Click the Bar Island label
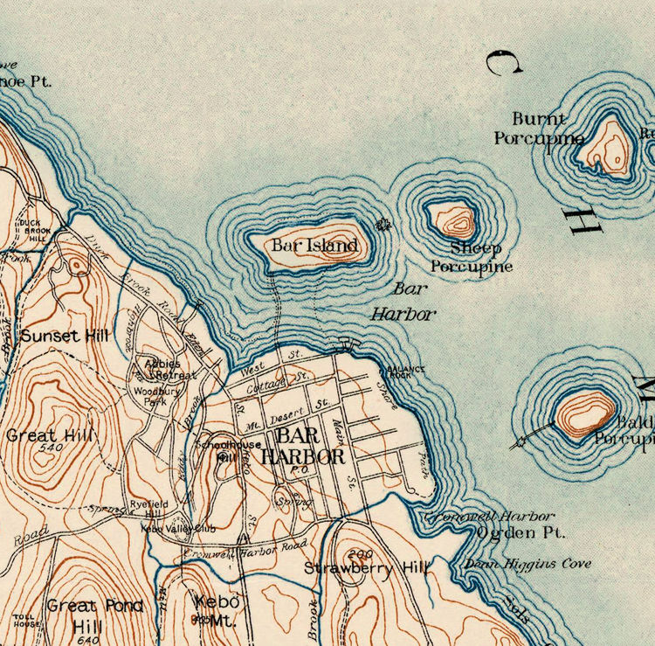(x=314, y=246)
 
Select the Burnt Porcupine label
(x=538, y=129)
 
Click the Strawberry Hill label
(x=367, y=568)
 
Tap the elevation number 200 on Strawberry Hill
(x=359, y=554)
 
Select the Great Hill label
(x=44, y=434)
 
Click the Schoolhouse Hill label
(x=217, y=448)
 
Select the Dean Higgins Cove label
(x=527, y=564)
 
